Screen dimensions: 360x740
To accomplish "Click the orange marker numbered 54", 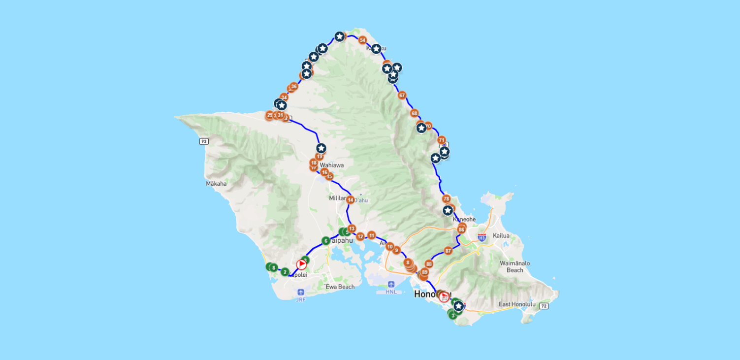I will (x=362, y=40).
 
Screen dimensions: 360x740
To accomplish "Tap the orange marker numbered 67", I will (x=402, y=95).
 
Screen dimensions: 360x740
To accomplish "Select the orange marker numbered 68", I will (x=414, y=113).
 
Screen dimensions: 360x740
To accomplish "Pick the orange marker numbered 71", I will (x=441, y=140).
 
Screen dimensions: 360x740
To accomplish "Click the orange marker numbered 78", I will (x=446, y=199).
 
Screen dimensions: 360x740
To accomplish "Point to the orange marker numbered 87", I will (x=448, y=251).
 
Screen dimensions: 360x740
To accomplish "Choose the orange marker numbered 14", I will (x=351, y=200).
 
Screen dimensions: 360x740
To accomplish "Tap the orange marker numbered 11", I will (x=372, y=235).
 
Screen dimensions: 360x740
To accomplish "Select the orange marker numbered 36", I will (x=294, y=87).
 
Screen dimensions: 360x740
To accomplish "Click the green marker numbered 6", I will (x=325, y=241).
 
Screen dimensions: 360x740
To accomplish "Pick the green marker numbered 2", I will (x=285, y=272).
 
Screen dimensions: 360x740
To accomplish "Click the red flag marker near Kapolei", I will (x=301, y=264).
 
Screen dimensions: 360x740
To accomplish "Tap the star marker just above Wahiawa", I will (x=321, y=148).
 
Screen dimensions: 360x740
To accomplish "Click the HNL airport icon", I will (x=391, y=284).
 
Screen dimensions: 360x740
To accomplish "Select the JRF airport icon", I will (x=301, y=292).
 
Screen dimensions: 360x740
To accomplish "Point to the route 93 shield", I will (x=204, y=141).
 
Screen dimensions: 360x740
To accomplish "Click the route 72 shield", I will (x=544, y=306).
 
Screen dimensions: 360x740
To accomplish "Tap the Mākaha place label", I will (x=216, y=184).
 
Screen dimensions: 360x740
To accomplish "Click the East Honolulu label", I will (x=516, y=304).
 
